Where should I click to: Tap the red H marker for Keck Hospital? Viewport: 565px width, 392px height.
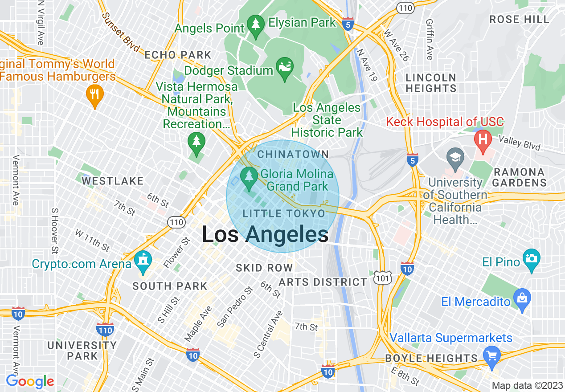tap(483, 139)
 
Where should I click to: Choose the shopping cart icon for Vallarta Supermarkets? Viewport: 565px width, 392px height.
tap(492, 357)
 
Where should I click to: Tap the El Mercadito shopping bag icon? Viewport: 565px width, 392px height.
tap(521, 297)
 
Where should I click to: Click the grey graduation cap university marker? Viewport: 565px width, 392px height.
tap(455, 159)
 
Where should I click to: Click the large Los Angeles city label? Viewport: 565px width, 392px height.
tap(265, 235)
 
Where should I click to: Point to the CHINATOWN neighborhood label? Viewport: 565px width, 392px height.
tap(293, 155)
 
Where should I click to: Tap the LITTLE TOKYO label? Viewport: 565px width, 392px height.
tap(284, 214)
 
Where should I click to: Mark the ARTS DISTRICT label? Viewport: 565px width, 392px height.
tap(323, 282)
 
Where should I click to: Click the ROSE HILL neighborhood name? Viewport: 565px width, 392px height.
tap(519, 19)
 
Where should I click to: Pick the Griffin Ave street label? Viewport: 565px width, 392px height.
tap(430, 39)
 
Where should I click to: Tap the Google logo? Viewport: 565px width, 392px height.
tap(30, 381)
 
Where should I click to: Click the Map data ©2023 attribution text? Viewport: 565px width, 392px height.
tap(527, 385)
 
